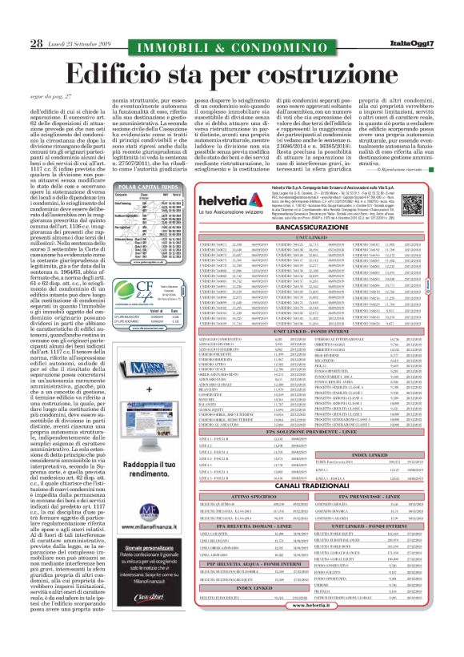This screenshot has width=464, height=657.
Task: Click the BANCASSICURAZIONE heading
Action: [x=328, y=227]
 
